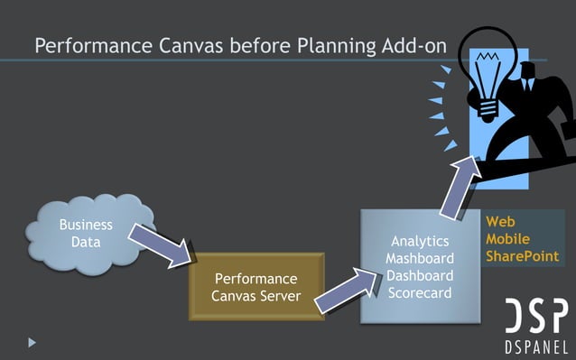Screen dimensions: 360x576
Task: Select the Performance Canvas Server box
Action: (x=255, y=286)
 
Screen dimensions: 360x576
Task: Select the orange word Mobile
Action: (x=507, y=239)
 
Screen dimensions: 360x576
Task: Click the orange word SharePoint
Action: (x=522, y=257)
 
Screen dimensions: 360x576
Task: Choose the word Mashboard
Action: (x=419, y=258)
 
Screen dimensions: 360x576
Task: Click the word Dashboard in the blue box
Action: (x=419, y=275)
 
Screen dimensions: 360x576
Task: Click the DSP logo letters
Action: (x=535, y=318)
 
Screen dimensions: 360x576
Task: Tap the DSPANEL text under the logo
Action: (x=535, y=348)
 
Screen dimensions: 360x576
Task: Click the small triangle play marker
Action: (x=33, y=343)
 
